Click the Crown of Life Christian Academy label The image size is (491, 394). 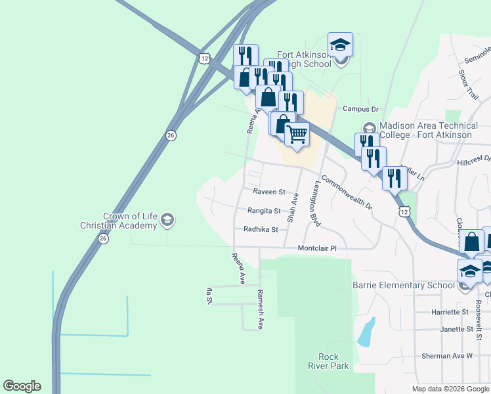130,221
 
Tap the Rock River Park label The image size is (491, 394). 333,361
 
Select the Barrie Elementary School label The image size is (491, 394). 403,285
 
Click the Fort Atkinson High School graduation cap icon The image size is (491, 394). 340,45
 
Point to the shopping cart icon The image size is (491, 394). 297,134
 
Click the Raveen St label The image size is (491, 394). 269,192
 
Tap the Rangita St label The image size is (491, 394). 264,211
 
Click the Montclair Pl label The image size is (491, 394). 317,248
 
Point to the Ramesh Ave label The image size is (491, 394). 260,309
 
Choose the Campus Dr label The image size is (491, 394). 361,109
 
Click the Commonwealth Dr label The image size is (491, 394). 346,195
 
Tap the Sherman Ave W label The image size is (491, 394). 450,356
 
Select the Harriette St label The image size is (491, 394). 450,312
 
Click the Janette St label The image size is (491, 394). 456,329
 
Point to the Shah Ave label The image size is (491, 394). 294,207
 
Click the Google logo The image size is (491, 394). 22,386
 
